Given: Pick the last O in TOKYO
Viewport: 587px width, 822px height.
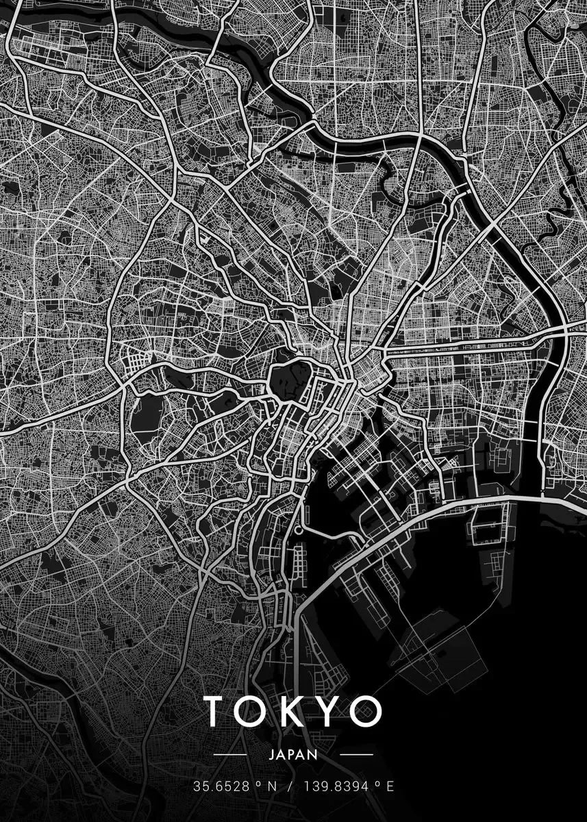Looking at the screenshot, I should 364,711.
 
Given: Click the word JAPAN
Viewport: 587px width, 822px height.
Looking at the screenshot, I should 294,755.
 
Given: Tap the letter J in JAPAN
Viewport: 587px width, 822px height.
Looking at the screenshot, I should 273,755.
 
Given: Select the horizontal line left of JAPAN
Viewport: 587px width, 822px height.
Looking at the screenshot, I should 230,755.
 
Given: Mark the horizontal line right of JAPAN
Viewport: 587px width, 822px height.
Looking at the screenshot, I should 356,755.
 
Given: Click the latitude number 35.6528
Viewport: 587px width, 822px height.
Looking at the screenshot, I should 216,786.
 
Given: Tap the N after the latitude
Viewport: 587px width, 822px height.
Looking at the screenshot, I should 271,786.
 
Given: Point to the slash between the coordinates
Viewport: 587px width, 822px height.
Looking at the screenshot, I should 290,786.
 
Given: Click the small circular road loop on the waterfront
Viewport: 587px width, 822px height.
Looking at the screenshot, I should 299,530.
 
